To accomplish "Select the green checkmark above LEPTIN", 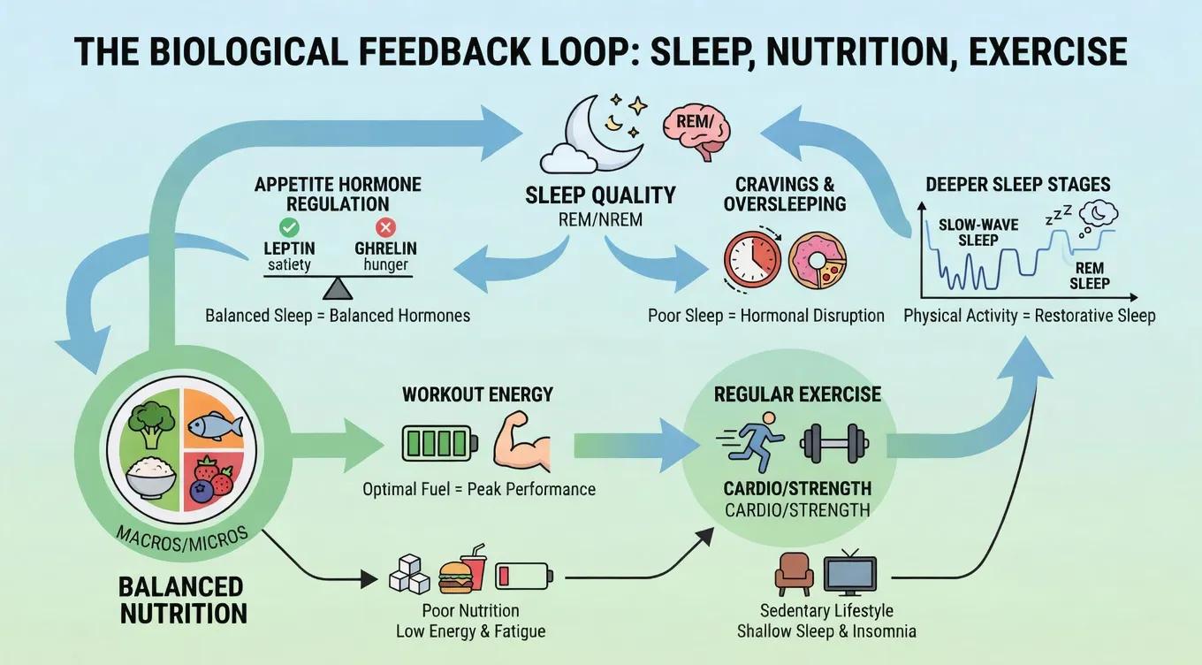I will click(289, 227).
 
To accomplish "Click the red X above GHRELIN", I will click(384, 227).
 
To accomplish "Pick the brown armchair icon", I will click(793, 575).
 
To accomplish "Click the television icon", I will click(849, 575).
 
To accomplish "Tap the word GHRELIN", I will click(385, 248).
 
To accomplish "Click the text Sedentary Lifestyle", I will click(826, 611).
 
